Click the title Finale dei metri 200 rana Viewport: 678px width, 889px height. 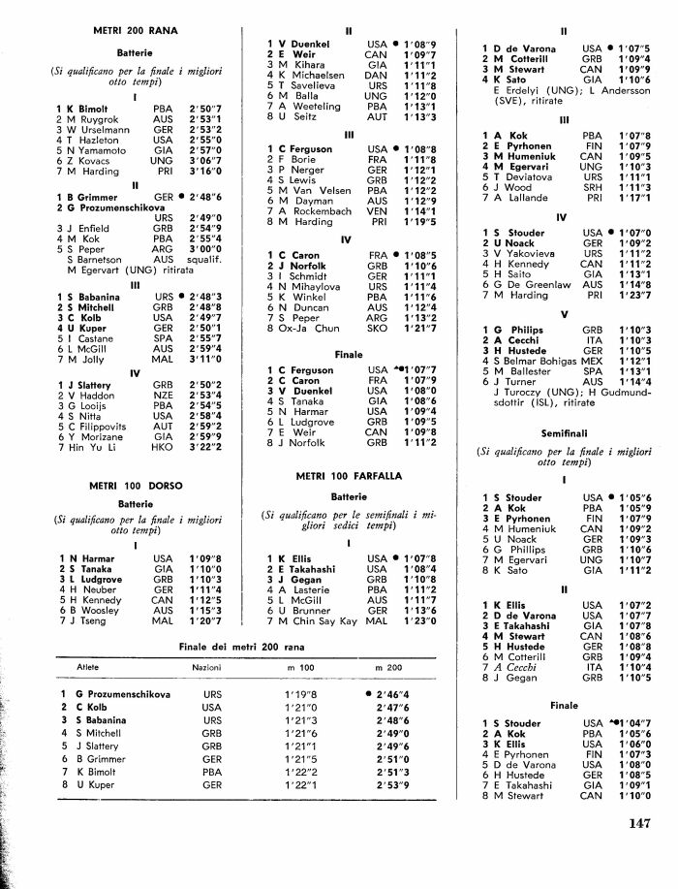click(250, 646)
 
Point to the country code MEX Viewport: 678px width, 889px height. click(592, 358)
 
